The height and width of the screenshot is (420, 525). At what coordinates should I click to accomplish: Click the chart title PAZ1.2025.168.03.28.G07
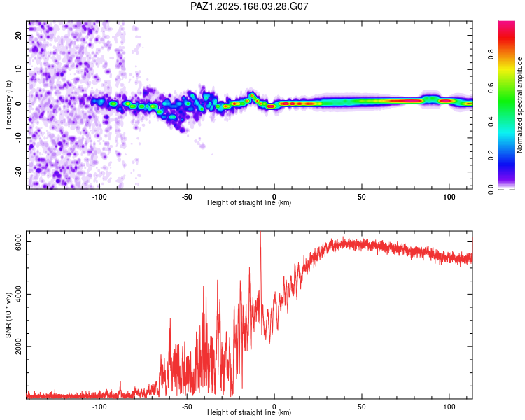point(249,6)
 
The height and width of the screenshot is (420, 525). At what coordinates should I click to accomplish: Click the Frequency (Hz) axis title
point(8,105)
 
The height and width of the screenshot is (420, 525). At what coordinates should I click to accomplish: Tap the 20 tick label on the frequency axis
point(18,35)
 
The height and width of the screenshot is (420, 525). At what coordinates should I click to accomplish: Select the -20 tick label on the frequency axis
point(18,172)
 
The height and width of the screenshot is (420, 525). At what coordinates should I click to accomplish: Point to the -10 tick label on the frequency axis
point(18,138)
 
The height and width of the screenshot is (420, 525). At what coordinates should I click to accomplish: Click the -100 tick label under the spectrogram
point(99,197)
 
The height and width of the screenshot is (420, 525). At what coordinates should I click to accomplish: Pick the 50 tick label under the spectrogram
point(362,197)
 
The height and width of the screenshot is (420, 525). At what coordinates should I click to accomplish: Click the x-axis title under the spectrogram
point(249,202)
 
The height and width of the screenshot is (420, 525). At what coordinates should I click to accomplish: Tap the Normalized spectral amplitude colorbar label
point(519,105)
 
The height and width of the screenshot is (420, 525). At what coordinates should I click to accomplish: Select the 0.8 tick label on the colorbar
point(491,54)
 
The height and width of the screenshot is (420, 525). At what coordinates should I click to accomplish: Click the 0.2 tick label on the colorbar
point(491,155)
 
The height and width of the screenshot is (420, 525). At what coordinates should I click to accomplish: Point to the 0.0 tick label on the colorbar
point(491,189)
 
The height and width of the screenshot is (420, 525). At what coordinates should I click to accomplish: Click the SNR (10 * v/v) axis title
point(8,315)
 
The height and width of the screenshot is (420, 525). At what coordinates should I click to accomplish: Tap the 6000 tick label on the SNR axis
point(18,241)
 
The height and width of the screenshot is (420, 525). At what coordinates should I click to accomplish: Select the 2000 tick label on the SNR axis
point(18,346)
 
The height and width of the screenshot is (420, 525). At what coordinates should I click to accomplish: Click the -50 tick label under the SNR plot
point(187,407)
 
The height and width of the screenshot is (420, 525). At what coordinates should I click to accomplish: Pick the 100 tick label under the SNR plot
point(449,407)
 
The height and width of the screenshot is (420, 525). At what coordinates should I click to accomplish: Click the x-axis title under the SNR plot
point(249,412)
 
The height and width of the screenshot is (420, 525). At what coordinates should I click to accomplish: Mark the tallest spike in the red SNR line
point(260,232)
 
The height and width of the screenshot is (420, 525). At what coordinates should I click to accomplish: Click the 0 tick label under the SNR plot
point(274,407)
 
